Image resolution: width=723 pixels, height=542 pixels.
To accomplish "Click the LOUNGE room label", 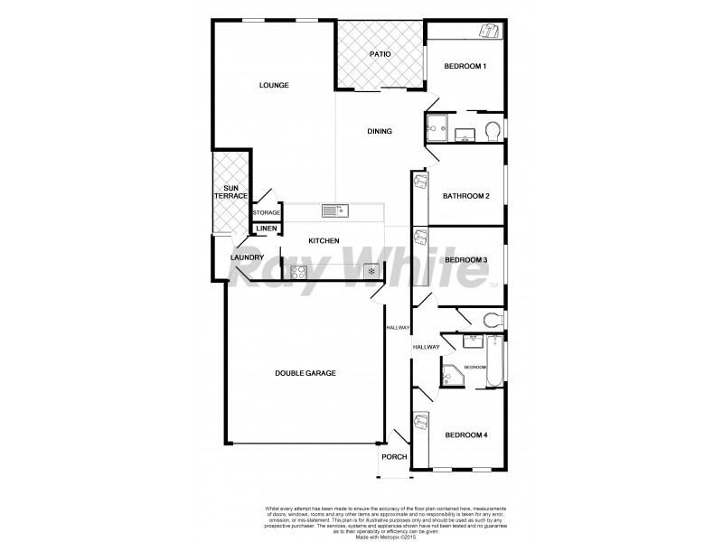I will click(273, 86).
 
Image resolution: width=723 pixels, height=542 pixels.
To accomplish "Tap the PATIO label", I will click(380, 55).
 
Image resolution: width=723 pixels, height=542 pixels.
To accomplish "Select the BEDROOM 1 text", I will click(465, 66).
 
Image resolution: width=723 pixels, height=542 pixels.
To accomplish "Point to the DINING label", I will click(380, 132).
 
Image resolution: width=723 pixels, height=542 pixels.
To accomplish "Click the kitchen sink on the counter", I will click(334, 210).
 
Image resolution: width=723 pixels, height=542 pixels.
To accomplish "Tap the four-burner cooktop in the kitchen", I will click(298, 271).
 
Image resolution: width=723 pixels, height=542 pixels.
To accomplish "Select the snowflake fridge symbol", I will click(370, 271).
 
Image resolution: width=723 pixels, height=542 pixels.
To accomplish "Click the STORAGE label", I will click(267, 213).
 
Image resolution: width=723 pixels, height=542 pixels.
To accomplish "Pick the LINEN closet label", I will click(266, 229).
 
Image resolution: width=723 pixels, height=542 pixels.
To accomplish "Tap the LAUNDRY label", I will click(247, 258).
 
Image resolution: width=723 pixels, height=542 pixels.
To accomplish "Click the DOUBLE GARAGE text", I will click(305, 373).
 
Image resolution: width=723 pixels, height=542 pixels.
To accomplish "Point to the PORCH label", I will click(394, 457).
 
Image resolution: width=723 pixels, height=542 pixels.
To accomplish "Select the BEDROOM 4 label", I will click(465, 436).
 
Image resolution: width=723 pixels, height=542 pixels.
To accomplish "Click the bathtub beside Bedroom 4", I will click(493, 361).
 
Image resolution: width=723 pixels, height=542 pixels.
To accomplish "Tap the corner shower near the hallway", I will click(452, 375).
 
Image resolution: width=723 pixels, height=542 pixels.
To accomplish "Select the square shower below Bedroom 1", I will click(437, 130).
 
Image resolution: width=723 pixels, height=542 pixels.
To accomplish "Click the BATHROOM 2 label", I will click(465, 196).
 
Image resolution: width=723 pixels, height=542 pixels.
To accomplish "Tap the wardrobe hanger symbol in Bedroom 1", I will click(488, 32).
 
